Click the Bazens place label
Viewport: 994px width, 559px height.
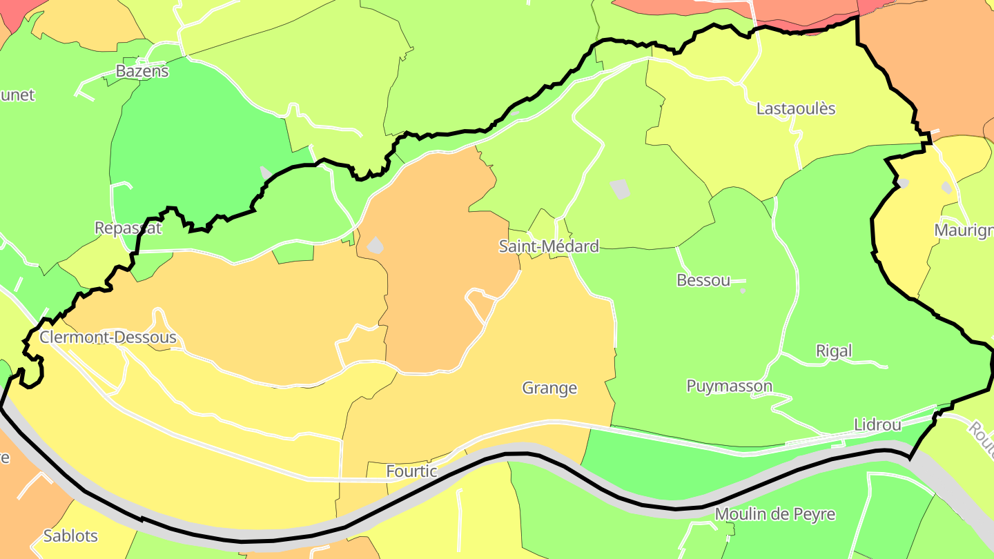(x=142, y=70)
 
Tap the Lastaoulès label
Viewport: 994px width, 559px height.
(x=796, y=108)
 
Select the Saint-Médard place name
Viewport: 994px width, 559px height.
(x=549, y=246)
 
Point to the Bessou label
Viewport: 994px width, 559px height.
(x=703, y=279)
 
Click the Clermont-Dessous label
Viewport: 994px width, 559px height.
(x=108, y=337)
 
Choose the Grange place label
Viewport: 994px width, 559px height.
(x=549, y=388)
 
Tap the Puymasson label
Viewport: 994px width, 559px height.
(x=729, y=386)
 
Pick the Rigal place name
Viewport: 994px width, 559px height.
(x=834, y=351)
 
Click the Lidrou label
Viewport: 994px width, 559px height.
(x=877, y=424)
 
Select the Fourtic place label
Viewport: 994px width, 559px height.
(x=411, y=471)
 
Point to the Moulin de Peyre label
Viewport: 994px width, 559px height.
(x=774, y=514)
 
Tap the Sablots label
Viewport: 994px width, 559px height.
(x=70, y=536)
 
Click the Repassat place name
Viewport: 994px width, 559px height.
(x=128, y=228)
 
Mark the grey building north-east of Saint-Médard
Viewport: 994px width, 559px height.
(x=621, y=188)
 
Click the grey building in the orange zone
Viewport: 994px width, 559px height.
(x=375, y=244)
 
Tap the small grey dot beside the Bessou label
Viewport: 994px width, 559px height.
(x=743, y=291)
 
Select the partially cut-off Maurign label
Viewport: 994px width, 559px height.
(x=964, y=230)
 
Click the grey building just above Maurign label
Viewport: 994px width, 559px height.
(x=946, y=187)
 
